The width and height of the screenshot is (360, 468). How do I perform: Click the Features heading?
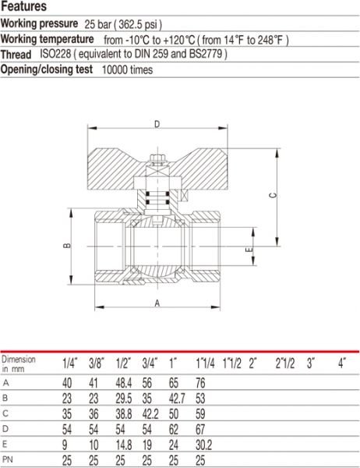tap(24, 6)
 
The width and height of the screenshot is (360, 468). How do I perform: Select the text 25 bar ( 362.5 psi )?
tap(123, 24)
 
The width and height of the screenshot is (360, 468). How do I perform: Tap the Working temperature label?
tap(47, 39)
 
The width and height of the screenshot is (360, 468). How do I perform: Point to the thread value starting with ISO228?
tap(133, 54)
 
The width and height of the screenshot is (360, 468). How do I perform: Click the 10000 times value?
tap(127, 70)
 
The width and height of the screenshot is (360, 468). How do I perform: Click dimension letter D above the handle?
tap(157, 124)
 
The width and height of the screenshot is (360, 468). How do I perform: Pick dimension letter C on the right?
tap(273, 196)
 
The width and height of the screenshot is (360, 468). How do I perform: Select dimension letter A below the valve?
tap(157, 303)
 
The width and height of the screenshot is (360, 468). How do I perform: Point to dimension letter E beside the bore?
tap(249, 250)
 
